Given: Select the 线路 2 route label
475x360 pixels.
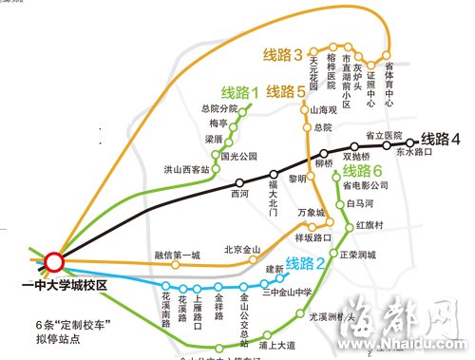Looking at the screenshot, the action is (306, 263).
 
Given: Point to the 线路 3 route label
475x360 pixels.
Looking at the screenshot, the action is (284, 53).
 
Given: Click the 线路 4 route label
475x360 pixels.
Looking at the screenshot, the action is (441, 138).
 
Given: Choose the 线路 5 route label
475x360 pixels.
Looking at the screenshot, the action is (286, 92).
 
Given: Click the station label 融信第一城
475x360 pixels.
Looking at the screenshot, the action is (178, 255).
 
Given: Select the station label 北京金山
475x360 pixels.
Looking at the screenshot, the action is (242, 250).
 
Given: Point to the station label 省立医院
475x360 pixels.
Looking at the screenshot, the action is (385, 136).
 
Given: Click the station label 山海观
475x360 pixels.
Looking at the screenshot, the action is (325, 110).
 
